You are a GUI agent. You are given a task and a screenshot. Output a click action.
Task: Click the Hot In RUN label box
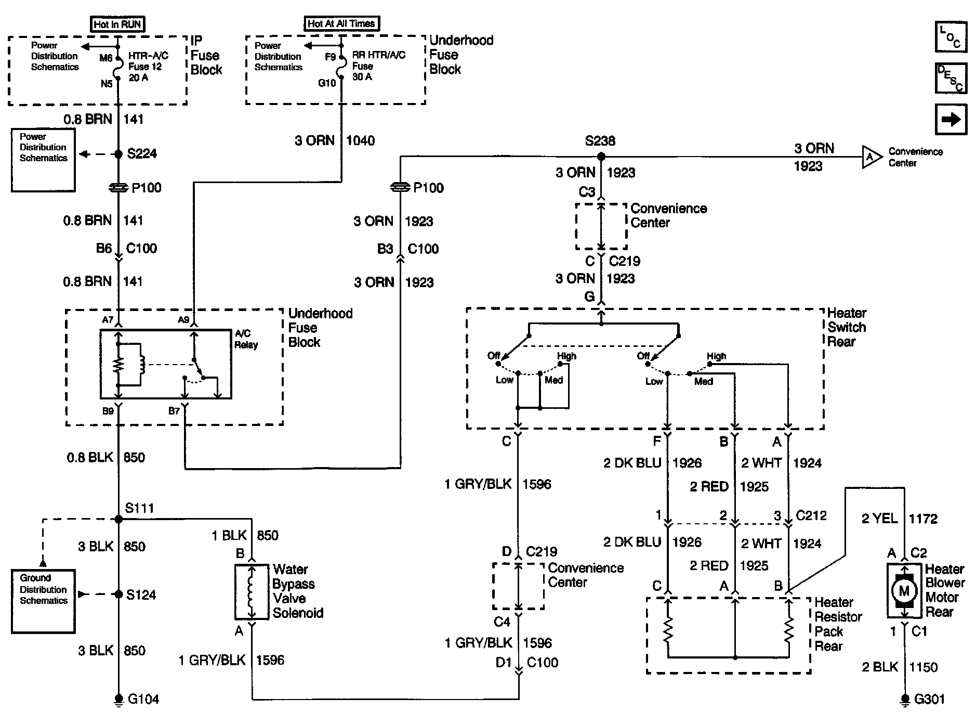click(x=117, y=24)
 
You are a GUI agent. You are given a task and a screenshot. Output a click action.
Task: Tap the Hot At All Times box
click(x=341, y=23)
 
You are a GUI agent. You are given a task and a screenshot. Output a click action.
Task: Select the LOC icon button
click(x=951, y=37)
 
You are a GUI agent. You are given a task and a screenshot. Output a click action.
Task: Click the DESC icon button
click(x=951, y=78)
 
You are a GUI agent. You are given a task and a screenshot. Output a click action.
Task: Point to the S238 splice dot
click(x=601, y=156)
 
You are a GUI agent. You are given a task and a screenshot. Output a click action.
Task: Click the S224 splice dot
click(x=118, y=154)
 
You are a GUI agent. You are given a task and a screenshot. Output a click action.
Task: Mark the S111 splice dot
click(x=118, y=519)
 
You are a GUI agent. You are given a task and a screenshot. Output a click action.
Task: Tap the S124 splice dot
click(x=118, y=594)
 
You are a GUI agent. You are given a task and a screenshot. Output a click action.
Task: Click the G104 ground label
click(x=143, y=699)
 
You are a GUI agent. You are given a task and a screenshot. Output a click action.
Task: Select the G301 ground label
click(x=929, y=699)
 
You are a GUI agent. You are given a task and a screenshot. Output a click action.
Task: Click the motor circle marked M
click(x=904, y=590)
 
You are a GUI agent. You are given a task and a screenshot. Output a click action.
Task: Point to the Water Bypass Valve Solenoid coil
click(x=252, y=591)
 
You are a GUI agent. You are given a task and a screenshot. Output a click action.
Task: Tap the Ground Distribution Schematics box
click(x=43, y=601)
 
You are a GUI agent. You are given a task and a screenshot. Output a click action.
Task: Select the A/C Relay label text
click(x=246, y=339)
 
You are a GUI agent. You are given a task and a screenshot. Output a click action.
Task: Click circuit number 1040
click(x=360, y=140)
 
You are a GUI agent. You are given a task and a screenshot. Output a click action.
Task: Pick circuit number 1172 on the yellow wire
click(x=923, y=518)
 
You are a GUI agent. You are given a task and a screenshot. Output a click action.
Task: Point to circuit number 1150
click(x=923, y=667)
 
